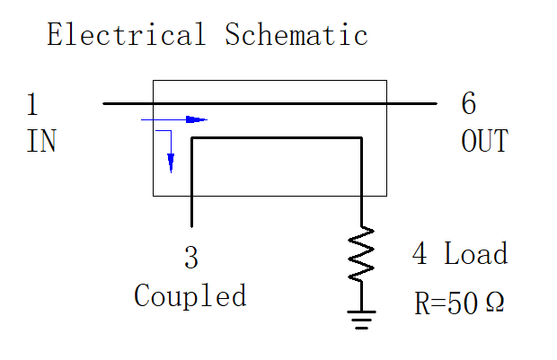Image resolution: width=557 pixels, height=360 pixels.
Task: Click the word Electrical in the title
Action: pyautogui.click(x=127, y=34)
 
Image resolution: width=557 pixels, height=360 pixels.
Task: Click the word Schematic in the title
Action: pyautogui.click(x=296, y=34)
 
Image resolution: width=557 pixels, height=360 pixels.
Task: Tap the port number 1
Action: pyautogui.click(x=32, y=103)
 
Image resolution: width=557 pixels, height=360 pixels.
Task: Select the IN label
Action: pyautogui.click(x=41, y=141)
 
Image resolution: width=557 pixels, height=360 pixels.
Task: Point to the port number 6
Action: pyautogui.click(x=469, y=103)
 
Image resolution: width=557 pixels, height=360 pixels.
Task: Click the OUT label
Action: pyautogui.click(x=485, y=141)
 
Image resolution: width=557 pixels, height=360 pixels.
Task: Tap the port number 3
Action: pyautogui.click(x=191, y=257)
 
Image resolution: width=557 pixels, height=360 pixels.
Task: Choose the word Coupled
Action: pyautogui.click(x=190, y=295)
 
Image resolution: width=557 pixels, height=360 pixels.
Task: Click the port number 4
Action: pyautogui.click(x=420, y=253)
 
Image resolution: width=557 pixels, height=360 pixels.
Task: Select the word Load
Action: pyautogui.click(x=476, y=253)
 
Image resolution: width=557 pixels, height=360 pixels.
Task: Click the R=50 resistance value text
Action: pyautogui.click(x=446, y=303)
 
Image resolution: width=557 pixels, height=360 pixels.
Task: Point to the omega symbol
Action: pyautogui.click(x=495, y=303)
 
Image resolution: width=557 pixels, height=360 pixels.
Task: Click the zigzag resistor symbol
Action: pyautogui.click(x=361, y=254)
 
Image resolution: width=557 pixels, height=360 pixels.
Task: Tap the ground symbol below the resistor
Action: pyautogui.click(x=362, y=320)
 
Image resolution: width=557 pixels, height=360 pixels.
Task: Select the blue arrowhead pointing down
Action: pyautogui.click(x=171, y=163)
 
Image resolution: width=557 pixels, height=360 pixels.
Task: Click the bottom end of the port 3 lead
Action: pyautogui.click(x=192, y=226)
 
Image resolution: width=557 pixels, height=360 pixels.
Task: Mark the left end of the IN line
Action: pyautogui.click(x=103, y=103)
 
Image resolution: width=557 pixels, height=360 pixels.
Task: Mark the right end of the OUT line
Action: pyautogui.click(x=437, y=103)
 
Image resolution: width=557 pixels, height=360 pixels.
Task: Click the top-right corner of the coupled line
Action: pyautogui.click(x=362, y=137)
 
